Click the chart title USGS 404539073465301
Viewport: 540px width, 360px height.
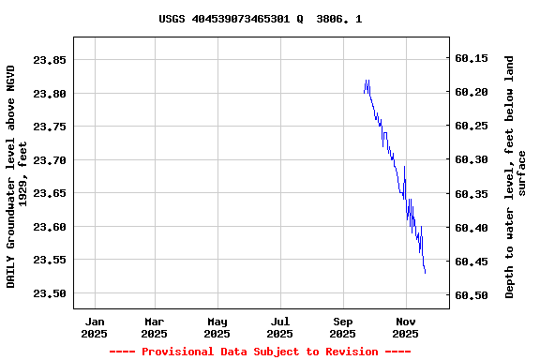(x=260, y=19)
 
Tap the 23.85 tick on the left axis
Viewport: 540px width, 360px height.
(x=50, y=60)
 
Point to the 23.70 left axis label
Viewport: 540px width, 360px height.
(x=50, y=160)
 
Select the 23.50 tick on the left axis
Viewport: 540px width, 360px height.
(x=50, y=293)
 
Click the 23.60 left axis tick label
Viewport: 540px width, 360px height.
(x=50, y=227)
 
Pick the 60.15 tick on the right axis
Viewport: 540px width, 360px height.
(x=471, y=58)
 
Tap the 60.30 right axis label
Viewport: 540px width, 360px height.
(x=471, y=160)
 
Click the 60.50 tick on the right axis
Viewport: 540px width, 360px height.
(x=471, y=295)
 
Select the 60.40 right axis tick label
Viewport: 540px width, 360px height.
(x=471, y=228)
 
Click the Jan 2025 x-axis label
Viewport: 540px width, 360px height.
(x=94, y=327)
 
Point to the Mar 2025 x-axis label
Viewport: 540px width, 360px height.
(x=154, y=327)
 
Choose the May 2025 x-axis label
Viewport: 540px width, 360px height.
(x=217, y=327)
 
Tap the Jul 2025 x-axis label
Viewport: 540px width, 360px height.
(x=279, y=327)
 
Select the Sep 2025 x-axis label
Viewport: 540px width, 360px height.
(x=342, y=327)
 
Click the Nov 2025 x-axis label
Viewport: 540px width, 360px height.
(x=405, y=327)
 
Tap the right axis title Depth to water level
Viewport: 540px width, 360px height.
(x=516, y=176)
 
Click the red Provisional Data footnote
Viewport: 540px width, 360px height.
(x=260, y=352)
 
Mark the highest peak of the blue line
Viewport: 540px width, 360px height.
(x=367, y=81)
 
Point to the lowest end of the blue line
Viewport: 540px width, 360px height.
(x=425, y=273)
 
